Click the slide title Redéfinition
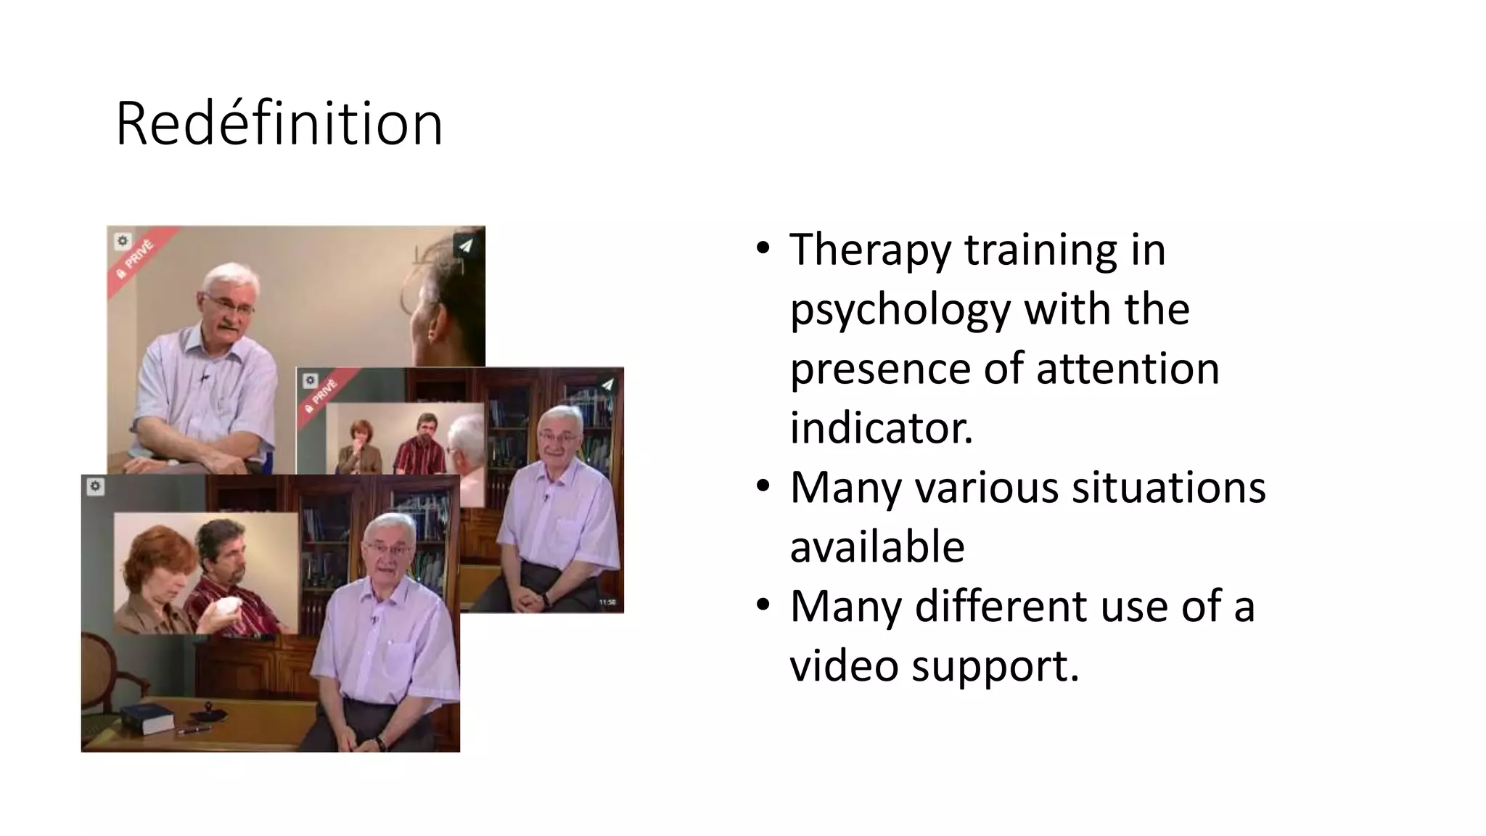(x=279, y=124)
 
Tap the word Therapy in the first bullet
(x=869, y=250)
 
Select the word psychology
(x=900, y=309)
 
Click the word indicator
(x=881, y=428)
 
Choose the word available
(x=877, y=547)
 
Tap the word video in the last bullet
(x=844, y=665)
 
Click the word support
(x=995, y=667)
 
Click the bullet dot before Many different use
(x=762, y=605)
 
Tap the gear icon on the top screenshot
(x=123, y=241)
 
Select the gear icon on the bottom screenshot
(x=96, y=487)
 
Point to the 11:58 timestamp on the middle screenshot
(x=607, y=602)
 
